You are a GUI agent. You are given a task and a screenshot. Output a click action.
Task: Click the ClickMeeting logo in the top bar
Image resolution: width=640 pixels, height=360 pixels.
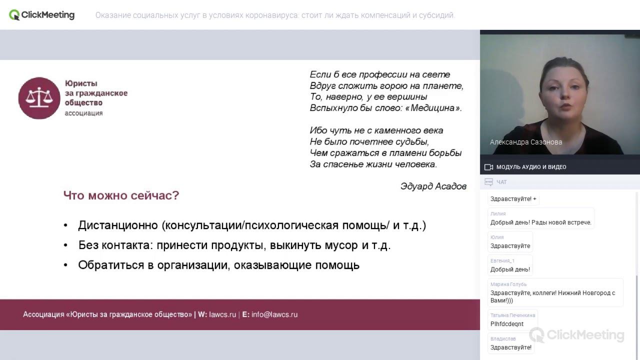[x=42, y=15]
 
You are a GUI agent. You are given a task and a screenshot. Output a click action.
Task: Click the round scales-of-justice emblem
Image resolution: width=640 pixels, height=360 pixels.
[x=39, y=98]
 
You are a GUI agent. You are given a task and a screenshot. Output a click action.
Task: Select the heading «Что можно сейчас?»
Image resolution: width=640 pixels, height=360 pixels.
[x=121, y=195]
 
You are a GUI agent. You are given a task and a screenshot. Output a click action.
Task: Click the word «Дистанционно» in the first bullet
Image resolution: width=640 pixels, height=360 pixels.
[x=118, y=225]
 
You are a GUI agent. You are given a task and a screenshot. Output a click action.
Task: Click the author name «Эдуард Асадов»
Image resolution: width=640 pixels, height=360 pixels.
[x=433, y=186]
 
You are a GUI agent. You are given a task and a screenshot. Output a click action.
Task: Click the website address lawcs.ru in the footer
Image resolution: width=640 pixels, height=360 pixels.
[x=222, y=314]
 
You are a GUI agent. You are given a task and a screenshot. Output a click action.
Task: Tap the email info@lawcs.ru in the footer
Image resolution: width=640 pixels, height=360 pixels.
[x=274, y=314]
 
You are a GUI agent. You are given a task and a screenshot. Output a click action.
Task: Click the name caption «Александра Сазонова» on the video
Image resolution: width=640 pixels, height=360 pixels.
[x=526, y=142]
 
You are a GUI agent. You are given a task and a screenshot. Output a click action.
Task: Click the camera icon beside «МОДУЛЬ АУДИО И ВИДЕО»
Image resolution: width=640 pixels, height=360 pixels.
[x=488, y=167]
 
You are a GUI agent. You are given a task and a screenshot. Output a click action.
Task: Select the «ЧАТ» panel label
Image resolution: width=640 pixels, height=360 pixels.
[x=501, y=182]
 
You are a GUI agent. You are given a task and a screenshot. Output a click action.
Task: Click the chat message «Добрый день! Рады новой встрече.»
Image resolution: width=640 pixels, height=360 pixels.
[x=540, y=222]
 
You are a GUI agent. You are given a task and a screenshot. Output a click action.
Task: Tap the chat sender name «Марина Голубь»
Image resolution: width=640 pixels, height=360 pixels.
[x=508, y=284]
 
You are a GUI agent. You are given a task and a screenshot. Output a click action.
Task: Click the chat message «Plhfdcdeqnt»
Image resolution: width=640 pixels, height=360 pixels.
[x=507, y=324]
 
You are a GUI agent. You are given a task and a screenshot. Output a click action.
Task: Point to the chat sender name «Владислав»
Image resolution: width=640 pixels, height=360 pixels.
[x=503, y=338]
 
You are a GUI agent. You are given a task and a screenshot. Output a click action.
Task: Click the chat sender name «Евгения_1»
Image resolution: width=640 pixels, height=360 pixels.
[x=502, y=260]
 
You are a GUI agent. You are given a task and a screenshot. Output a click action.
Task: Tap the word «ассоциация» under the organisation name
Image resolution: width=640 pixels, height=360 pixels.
[x=83, y=113]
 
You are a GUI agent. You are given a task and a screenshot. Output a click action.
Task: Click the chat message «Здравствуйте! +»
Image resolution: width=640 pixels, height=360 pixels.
[x=513, y=199]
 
